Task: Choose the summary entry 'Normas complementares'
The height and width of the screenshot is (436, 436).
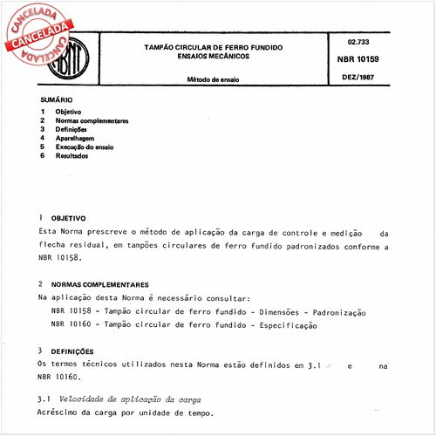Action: [92, 121]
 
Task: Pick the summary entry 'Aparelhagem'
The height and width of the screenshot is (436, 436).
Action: [75, 139]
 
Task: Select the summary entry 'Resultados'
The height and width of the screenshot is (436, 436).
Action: [72, 156]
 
